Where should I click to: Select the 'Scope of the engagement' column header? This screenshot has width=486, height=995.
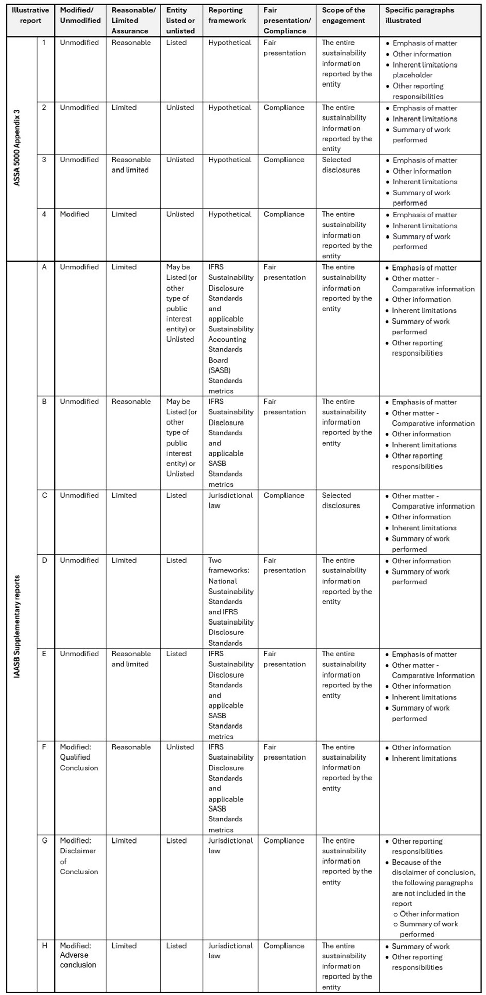tap(343, 15)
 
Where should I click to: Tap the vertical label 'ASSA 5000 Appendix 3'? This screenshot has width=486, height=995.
tap(17, 148)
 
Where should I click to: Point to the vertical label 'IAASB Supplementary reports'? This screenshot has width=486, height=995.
tap(17, 626)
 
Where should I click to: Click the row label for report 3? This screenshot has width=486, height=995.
tap(44, 160)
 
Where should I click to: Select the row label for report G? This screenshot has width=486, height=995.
tap(44, 840)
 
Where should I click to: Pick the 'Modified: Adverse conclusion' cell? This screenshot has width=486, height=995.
tap(78, 955)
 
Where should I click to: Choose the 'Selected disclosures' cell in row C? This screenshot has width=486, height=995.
tap(341, 500)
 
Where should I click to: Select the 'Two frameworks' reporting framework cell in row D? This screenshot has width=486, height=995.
tap(230, 601)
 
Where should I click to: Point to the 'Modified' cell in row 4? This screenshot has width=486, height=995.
tap(74, 214)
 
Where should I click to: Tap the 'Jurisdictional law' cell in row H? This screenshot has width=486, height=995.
tap(230, 951)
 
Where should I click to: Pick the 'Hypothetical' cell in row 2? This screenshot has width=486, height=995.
tap(229, 108)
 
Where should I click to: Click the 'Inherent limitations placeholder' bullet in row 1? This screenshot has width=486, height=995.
tap(424, 70)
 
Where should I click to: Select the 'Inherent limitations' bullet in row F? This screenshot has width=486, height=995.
tap(424, 758)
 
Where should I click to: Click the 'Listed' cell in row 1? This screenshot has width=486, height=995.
tap(176, 43)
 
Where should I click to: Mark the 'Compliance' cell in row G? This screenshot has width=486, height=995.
tap(284, 840)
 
